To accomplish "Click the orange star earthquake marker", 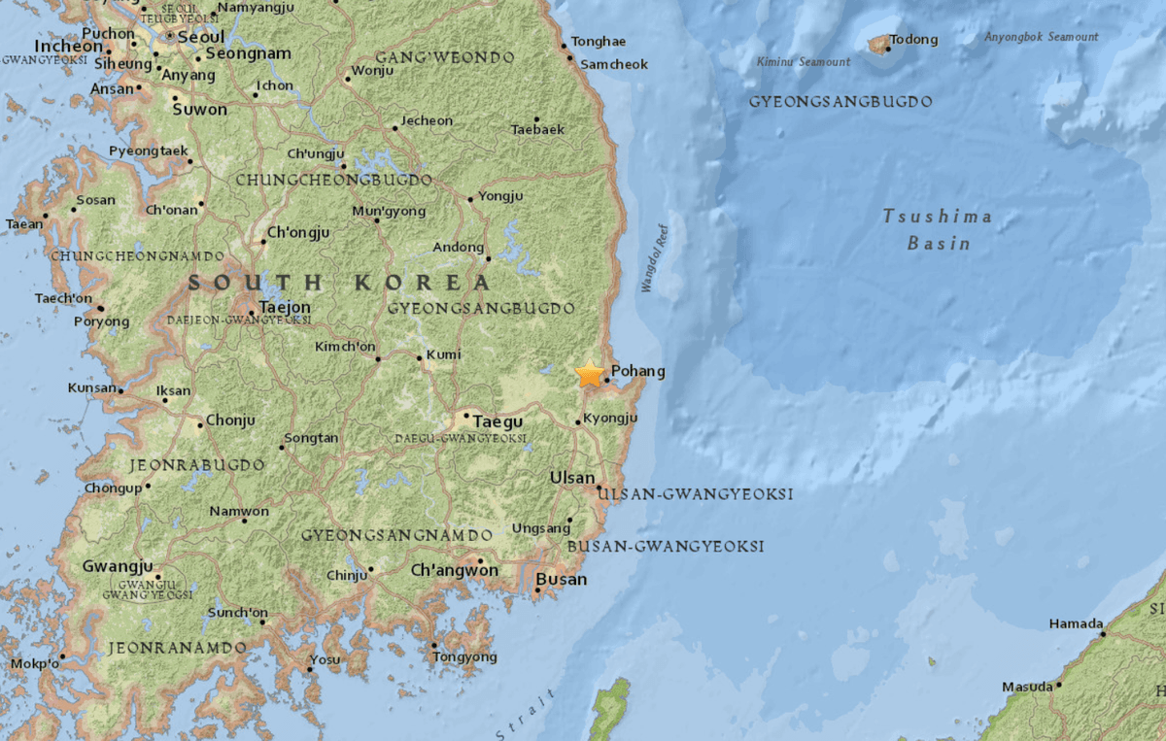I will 589,374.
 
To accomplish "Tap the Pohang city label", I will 638,371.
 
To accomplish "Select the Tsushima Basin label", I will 938,229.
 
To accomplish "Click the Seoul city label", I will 201,35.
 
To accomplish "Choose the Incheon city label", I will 68,46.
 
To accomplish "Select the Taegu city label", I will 498,421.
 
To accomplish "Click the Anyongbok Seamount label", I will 1041,37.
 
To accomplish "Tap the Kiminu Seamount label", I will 803,62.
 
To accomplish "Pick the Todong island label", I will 916,40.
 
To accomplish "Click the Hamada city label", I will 1076,623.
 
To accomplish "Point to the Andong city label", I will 458,247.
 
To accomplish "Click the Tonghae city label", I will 599,42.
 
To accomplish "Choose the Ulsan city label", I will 571,478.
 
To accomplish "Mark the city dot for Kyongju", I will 578,422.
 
